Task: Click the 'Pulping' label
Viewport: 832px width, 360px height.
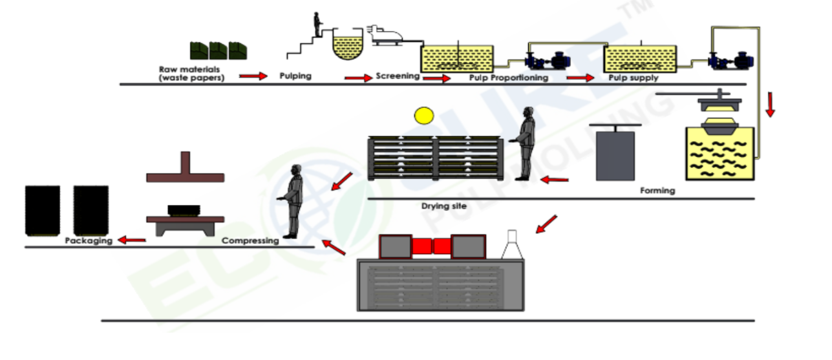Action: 295,76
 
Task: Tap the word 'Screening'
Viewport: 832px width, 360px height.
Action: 397,76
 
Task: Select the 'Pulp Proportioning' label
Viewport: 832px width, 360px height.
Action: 508,78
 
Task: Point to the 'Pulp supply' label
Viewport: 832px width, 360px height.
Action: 633,78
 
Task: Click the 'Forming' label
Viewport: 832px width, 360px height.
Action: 657,191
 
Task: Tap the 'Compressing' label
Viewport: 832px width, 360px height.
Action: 250,240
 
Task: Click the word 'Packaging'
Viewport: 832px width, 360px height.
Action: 89,240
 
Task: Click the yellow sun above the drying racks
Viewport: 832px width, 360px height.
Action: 423,115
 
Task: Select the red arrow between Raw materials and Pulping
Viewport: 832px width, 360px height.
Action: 253,76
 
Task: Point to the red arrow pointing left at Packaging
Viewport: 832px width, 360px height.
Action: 131,240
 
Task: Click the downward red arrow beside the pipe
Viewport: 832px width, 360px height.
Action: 769,105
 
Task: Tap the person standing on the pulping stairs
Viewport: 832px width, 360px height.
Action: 317,24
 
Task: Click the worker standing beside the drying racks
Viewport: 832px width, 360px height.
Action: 527,143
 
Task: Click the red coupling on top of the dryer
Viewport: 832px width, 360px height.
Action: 432,246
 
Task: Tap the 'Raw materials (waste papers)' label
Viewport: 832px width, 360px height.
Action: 191,74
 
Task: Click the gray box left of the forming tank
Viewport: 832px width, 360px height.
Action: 614,155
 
